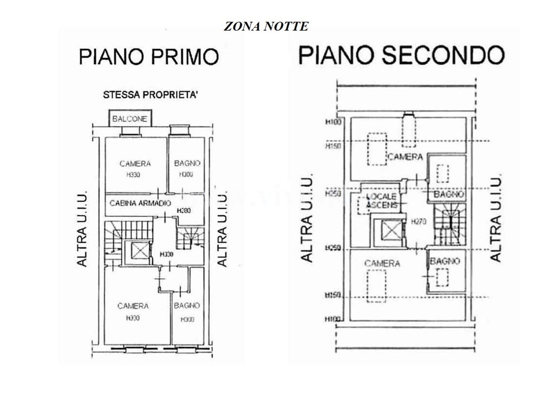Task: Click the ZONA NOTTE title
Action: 266,27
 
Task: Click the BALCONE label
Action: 130,119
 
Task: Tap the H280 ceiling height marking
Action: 183,210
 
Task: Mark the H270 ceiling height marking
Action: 418,222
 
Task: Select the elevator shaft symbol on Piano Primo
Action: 139,251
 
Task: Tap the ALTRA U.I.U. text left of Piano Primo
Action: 82,229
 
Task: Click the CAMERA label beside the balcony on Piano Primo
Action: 135,164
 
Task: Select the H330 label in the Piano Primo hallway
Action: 166,254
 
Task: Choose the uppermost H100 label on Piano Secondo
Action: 333,122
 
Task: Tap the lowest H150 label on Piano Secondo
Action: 333,295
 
